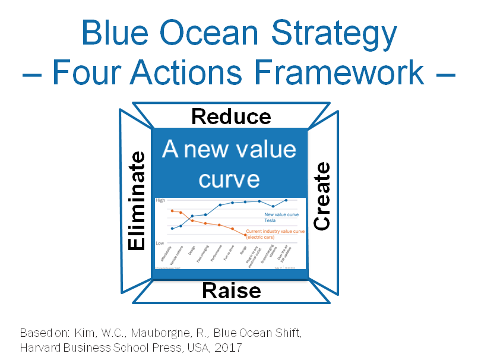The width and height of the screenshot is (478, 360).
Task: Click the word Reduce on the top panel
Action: point(231,116)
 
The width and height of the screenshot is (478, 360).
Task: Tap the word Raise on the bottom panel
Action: point(231,290)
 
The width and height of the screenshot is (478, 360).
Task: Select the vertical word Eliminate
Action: point(137,201)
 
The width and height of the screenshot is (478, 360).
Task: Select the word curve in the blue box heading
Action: point(229,179)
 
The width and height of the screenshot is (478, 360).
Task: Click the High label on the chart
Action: point(160,201)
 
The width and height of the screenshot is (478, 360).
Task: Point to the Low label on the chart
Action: point(160,243)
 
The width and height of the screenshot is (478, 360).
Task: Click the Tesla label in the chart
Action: point(270,220)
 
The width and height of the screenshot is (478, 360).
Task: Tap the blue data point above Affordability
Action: point(172,228)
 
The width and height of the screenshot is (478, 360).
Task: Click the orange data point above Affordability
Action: point(172,211)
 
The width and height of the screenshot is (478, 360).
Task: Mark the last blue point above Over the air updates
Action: point(286,200)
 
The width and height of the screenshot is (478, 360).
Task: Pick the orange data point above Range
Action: point(245,235)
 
